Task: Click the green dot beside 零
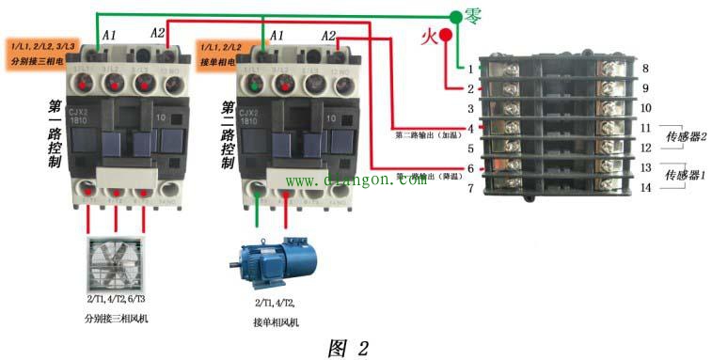tap(456, 17)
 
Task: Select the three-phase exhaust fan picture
tap(117, 269)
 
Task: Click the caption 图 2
tap(348, 347)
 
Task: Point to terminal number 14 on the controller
tap(645, 188)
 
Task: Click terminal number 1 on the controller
tap(470, 70)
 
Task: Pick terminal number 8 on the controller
tap(645, 70)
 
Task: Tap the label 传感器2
tap(686, 137)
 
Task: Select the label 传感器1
tap(685, 176)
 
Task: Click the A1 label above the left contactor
tap(109, 35)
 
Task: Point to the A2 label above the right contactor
tap(328, 35)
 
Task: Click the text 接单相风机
tap(275, 322)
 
